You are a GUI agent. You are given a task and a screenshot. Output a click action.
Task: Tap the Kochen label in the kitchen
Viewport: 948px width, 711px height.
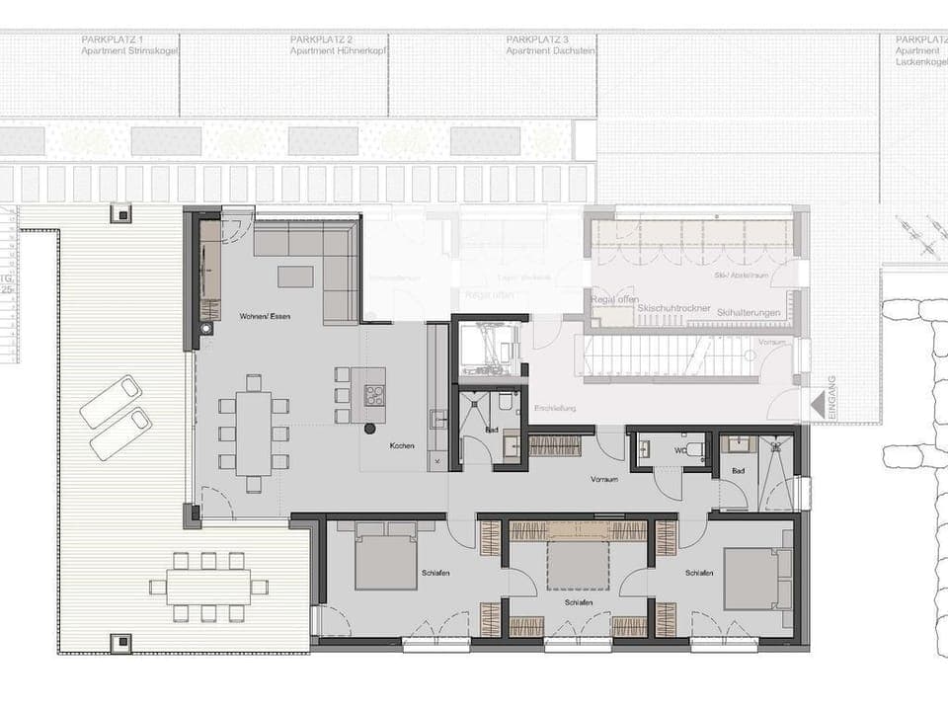tap(402, 446)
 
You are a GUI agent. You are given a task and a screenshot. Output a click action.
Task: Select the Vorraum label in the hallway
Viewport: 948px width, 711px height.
tap(604, 479)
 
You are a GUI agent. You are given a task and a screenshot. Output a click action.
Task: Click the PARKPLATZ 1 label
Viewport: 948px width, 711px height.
tap(113, 39)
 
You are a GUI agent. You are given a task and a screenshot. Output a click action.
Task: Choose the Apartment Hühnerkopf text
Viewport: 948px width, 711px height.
tap(337, 49)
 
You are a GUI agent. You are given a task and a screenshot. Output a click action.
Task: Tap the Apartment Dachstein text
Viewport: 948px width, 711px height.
tap(550, 49)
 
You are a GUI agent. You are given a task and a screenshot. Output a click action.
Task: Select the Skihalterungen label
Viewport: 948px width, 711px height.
tap(750, 313)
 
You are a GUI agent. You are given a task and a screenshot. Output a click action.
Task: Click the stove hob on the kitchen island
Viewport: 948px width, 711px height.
tap(375, 395)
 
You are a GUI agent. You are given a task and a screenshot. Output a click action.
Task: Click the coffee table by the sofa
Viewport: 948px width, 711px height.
tap(295, 276)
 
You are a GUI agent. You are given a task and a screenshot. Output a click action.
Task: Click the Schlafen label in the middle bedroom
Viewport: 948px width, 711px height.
tap(580, 601)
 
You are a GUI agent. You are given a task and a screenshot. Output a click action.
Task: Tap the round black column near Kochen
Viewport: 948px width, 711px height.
tap(370, 429)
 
